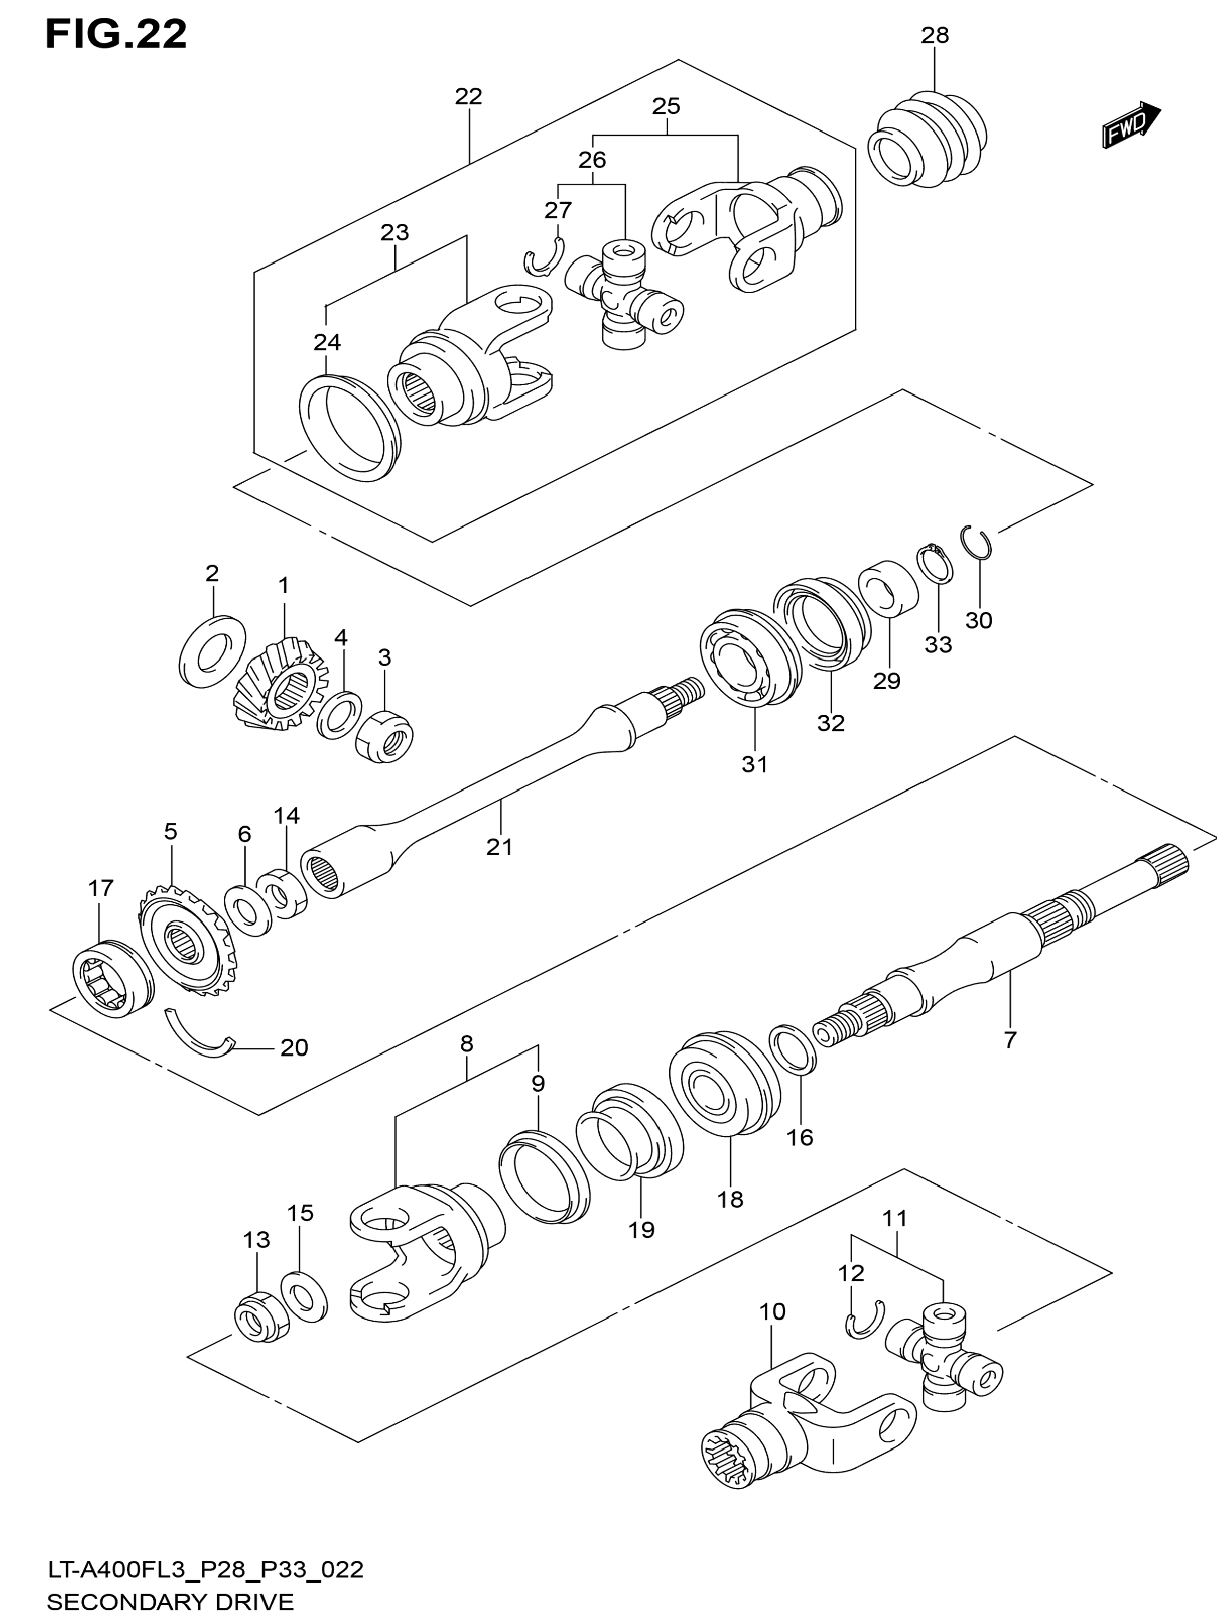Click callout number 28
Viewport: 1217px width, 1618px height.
pos(934,35)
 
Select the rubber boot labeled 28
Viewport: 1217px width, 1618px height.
pos(927,139)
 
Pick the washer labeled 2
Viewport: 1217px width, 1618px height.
pos(212,651)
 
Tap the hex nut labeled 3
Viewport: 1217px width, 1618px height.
pos(385,736)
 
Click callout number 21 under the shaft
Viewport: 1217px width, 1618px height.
pos(500,847)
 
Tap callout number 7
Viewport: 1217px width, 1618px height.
pos(1010,1039)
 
